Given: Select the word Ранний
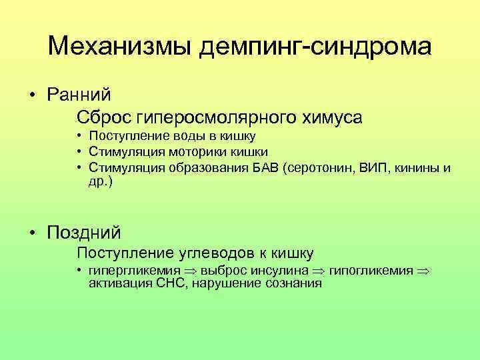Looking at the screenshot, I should pyautogui.click(x=79, y=94).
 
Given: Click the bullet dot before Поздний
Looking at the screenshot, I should pyautogui.click(x=32, y=233).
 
